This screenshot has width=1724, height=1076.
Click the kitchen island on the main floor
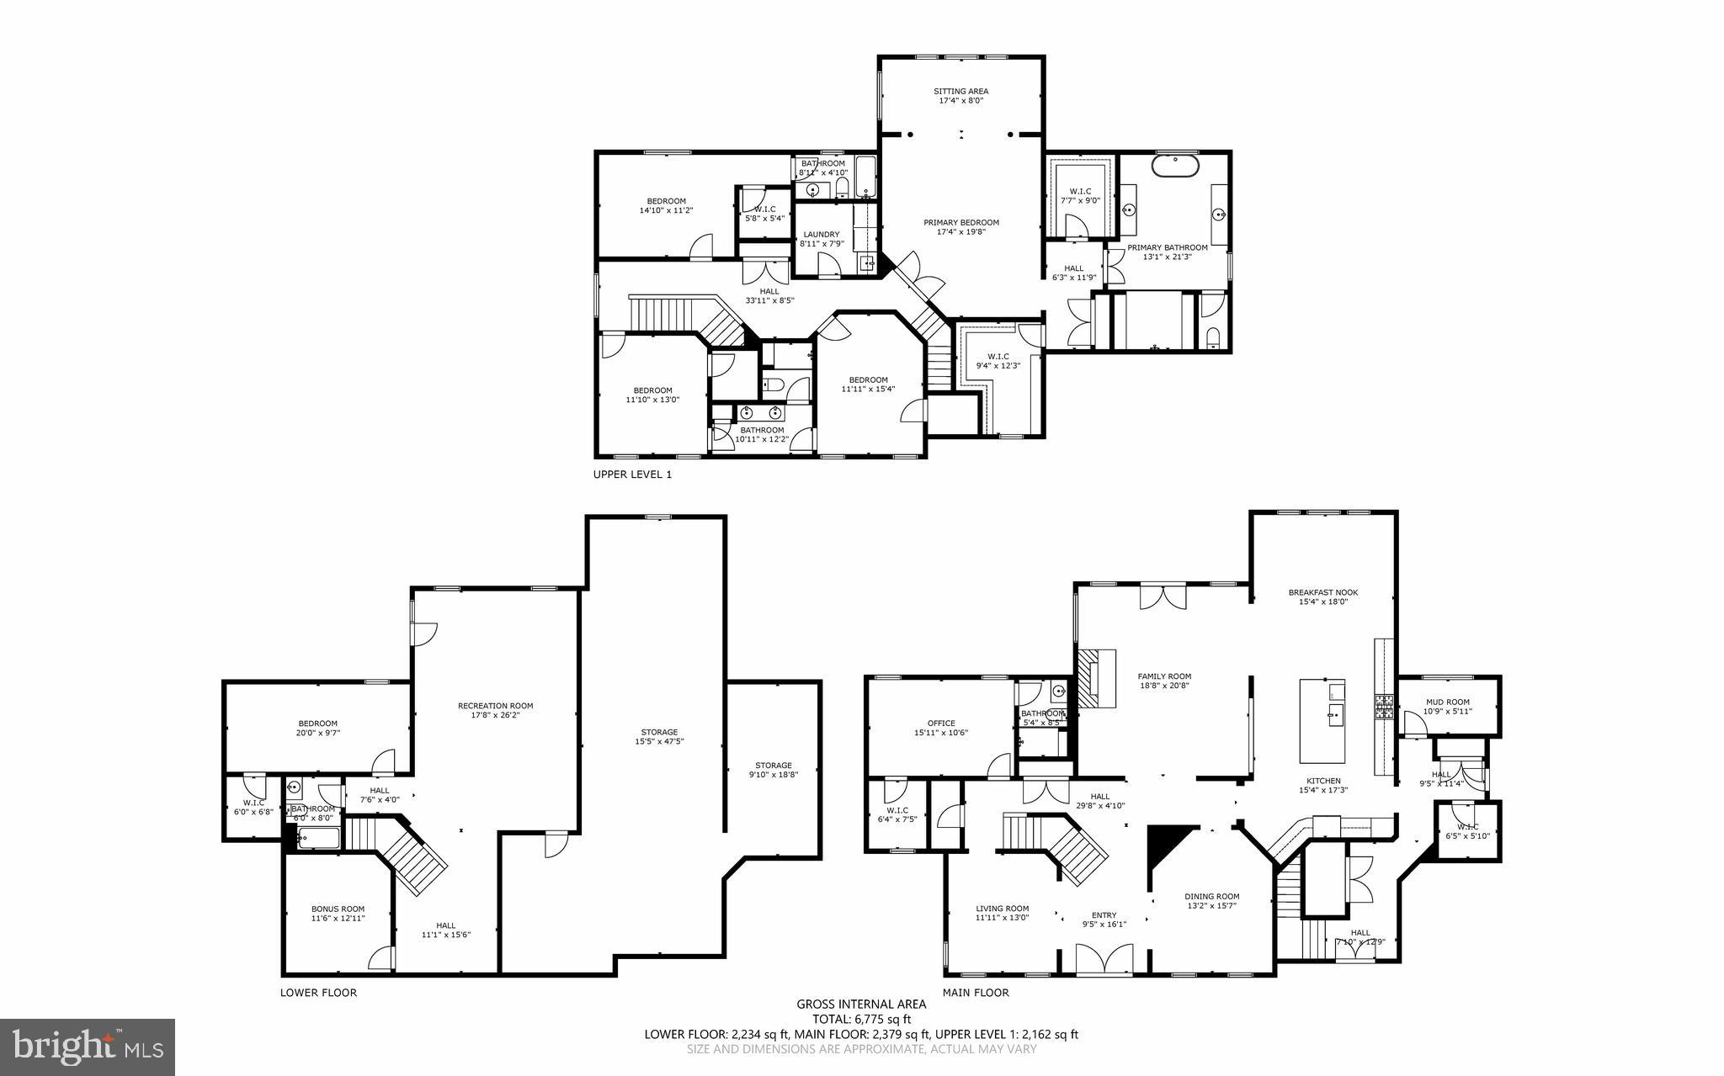[x=1322, y=720]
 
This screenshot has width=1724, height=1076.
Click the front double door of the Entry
[x=1104, y=960]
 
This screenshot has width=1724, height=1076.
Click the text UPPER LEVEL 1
[x=632, y=474]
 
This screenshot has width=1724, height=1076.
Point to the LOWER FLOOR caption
[x=318, y=993]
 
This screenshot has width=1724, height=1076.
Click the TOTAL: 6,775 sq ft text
[x=861, y=1019]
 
